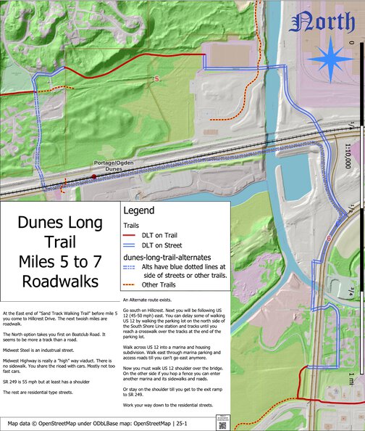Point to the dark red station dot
tap(94, 176)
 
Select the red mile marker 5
tap(155, 78)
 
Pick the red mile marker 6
tap(329, 238)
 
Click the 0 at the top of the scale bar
tap(351, 42)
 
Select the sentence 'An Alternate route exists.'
tap(149, 300)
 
